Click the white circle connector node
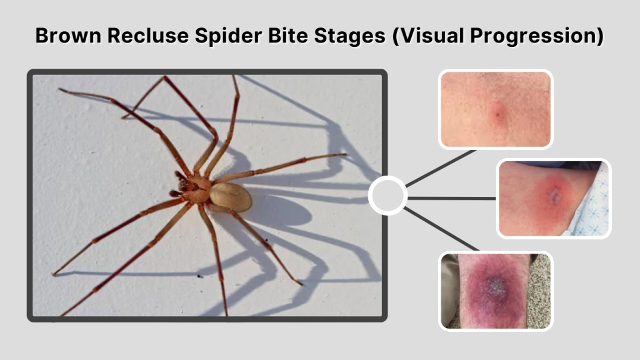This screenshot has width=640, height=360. (387, 196)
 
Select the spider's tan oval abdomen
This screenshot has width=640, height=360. (231, 196)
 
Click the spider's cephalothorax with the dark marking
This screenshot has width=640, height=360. (198, 188)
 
